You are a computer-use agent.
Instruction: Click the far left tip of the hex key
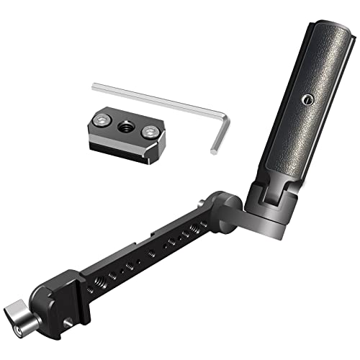point(94,86)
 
